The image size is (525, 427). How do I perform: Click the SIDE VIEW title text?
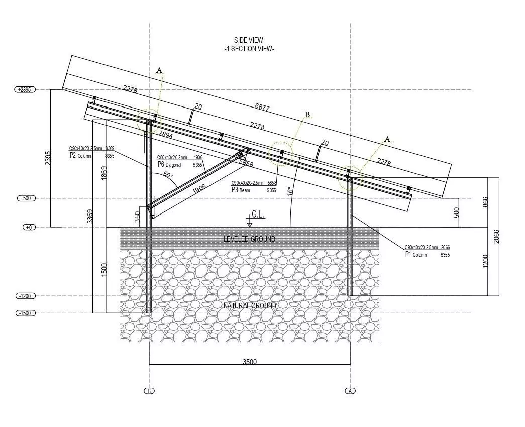coord(248,40)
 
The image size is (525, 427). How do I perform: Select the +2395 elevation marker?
coord(24,89)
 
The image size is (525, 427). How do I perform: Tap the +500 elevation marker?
coord(24,198)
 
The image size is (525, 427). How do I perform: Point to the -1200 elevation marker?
coord(24,296)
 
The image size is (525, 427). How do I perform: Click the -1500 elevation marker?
coord(24,313)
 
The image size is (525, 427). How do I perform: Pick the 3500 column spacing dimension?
coord(250,361)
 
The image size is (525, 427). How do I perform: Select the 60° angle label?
coord(168,175)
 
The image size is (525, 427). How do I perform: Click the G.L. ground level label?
coord(258,215)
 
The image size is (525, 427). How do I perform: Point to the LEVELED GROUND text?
coord(249,239)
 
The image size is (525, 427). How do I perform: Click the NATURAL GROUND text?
coord(250,305)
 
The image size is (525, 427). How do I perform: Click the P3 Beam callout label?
coord(241,190)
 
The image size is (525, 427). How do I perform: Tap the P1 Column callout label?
coord(415,255)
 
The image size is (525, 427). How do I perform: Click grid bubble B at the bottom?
coord(149,391)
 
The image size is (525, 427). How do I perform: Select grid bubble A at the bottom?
coord(350,391)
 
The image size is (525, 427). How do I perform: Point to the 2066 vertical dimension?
coord(497,236)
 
